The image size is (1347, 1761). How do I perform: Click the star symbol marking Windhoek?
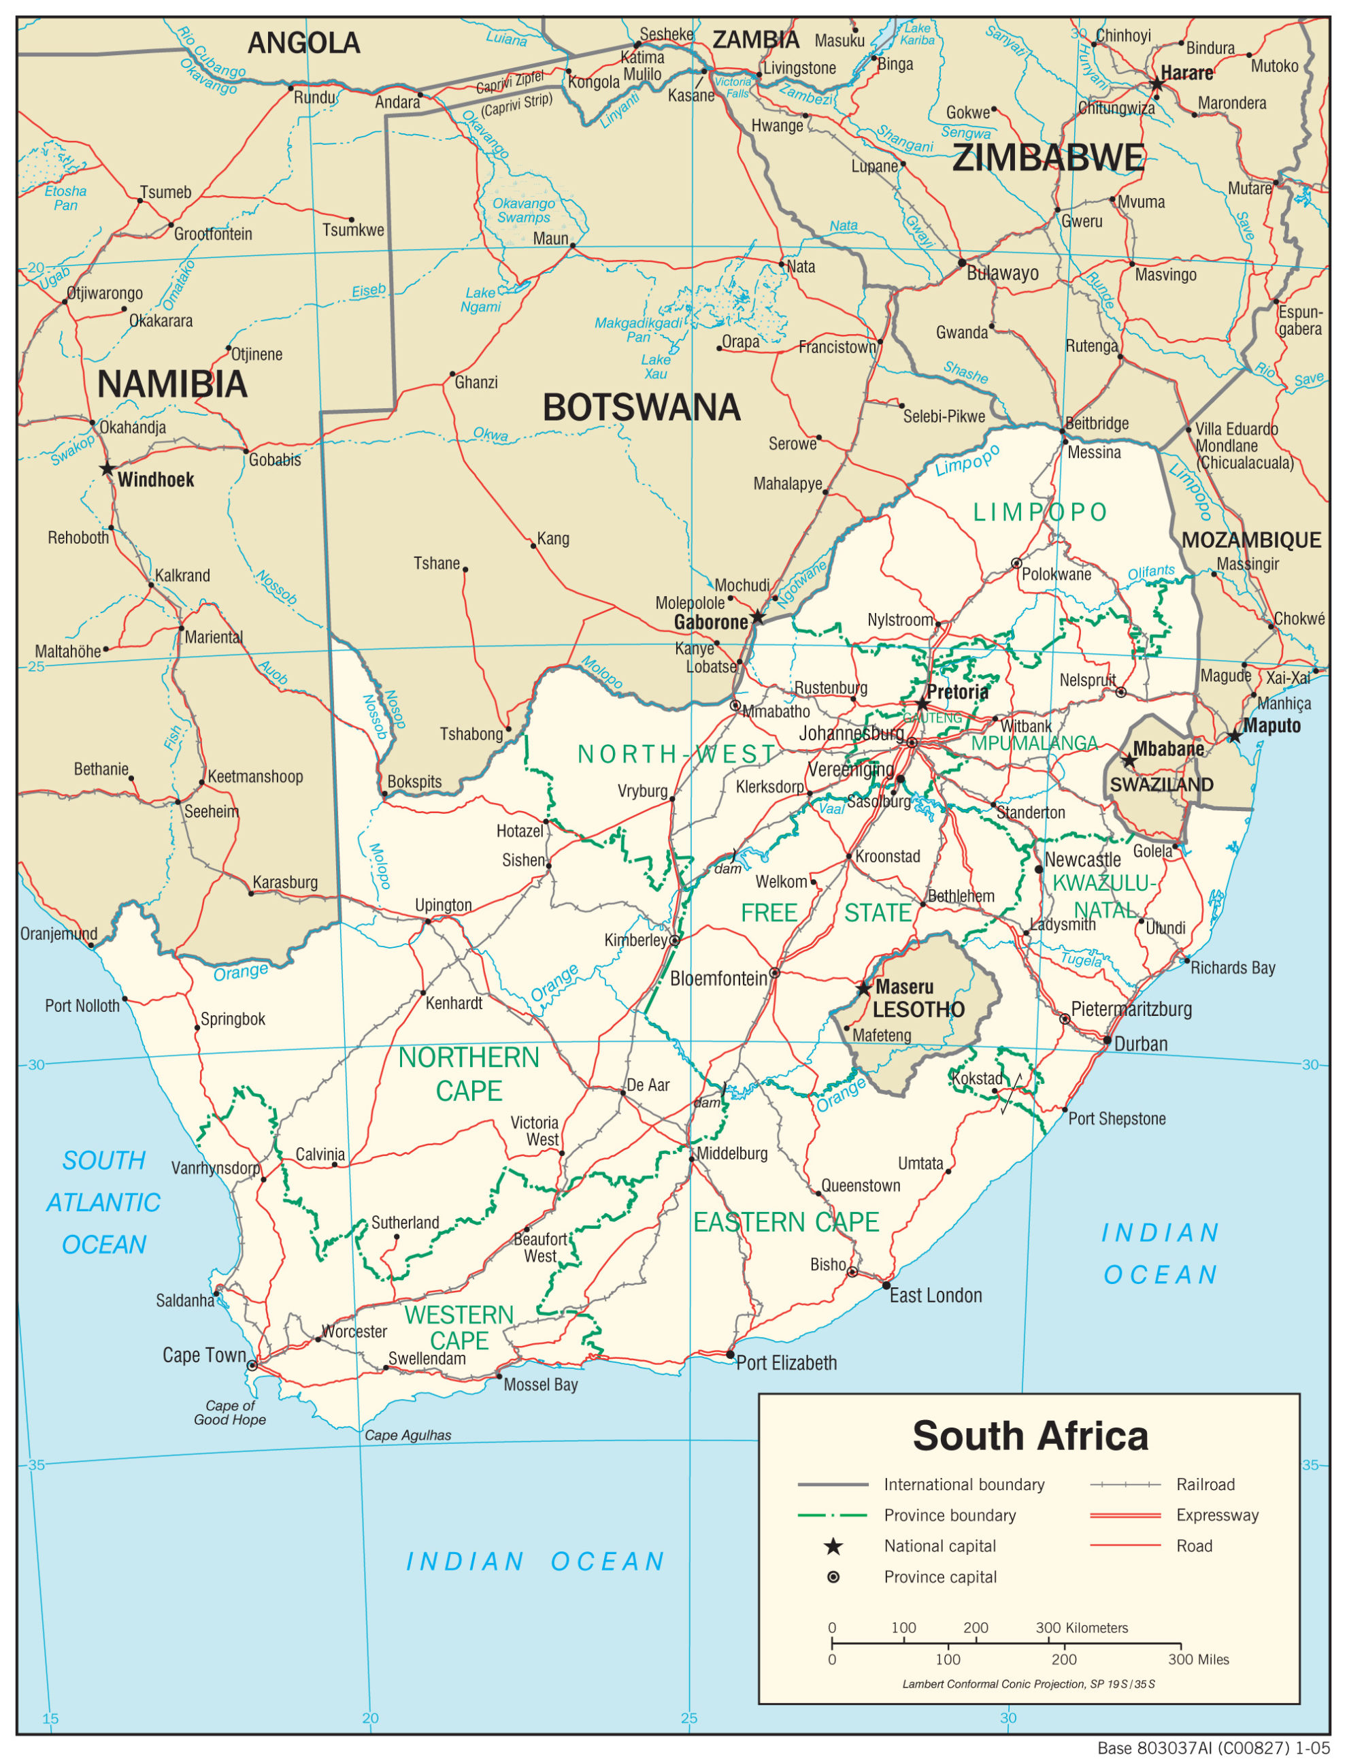[x=107, y=468]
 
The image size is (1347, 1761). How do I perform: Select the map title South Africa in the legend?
[x=1029, y=1436]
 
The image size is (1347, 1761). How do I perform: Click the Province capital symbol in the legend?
[x=833, y=1577]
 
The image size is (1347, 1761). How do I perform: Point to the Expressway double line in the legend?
[x=1125, y=1515]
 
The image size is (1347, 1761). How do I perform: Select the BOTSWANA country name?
[x=642, y=408]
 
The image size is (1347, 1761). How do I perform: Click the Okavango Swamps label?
[x=524, y=210]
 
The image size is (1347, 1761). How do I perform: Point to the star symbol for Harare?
[x=1157, y=84]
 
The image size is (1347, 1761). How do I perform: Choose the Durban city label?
[x=1140, y=1043]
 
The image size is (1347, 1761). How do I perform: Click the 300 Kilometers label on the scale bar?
[x=1081, y=1628]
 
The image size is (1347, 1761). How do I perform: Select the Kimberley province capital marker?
[x=675, y=940]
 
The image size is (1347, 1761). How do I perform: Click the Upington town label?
[x=443, y=904]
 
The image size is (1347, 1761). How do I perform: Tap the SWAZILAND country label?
[x=1161, y=785]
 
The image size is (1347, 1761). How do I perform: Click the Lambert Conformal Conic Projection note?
[x=1028, y=1684]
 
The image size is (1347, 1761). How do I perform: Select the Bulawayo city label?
[x=1002, y=273]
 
